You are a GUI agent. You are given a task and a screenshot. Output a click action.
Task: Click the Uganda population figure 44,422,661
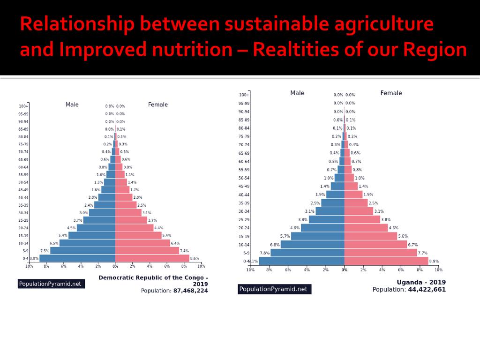click(x=427, y=290)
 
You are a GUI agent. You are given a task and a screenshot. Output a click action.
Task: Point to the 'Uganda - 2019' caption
click(x=421, y=282)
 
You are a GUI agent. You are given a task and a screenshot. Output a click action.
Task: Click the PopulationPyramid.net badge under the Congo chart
click(x=50, y=284)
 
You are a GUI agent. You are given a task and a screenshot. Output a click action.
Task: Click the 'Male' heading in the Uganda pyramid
click(x=297, y=93)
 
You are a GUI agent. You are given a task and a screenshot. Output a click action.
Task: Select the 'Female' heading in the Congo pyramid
click(x=158, y=105)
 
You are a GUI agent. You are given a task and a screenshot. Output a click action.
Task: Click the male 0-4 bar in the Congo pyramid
click(x=77, y=258)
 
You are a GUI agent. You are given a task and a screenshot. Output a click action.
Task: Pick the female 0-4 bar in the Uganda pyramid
click(x=386, y=261)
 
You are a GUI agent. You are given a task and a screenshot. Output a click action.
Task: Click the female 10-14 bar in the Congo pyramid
click(x=142, y=243)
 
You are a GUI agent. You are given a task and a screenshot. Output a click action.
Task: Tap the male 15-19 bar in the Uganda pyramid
click(x=317, y=236)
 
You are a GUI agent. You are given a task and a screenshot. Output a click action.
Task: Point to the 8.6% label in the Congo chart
click(x=195, y=258)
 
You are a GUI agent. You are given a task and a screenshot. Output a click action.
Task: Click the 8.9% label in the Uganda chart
click(x=434, y=262)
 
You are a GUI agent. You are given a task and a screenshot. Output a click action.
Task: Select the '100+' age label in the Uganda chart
click(x=244, y=95)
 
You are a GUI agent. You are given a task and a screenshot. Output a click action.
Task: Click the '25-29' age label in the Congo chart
click(x=23, y=220)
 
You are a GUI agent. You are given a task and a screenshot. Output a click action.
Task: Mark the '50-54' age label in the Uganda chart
click(x=244, y=178)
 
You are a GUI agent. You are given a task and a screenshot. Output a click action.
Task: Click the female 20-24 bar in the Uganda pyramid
click(x=366, y=228)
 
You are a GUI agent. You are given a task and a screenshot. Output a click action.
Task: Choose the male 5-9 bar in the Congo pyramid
click(x=82, y=251)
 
